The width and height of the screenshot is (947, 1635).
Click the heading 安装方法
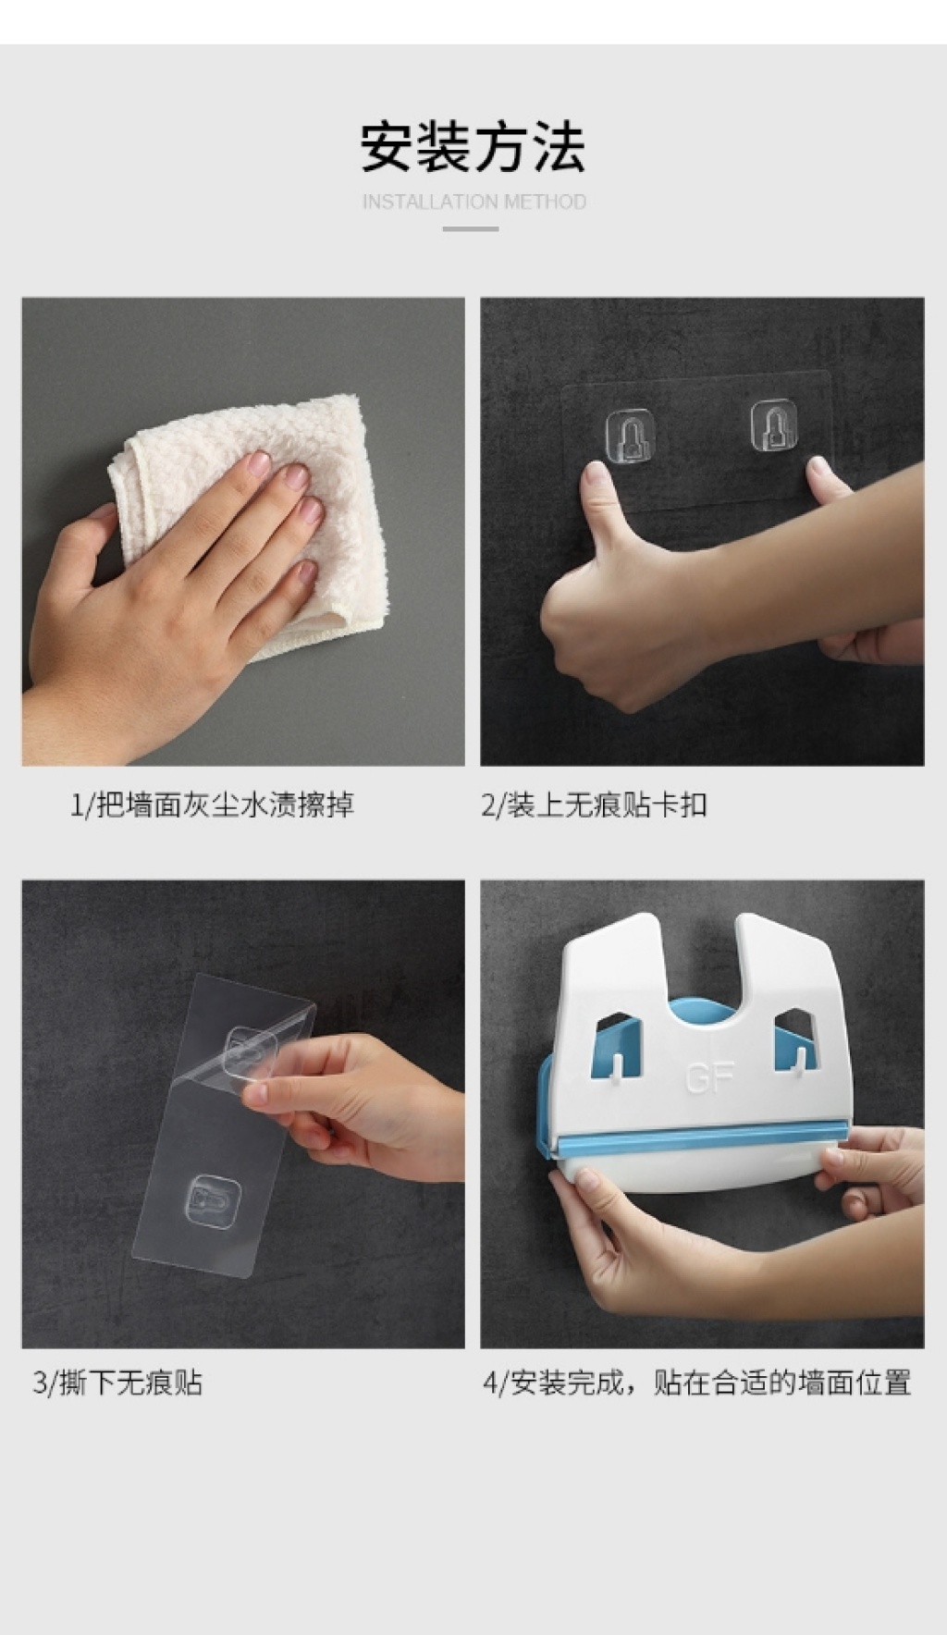pyautogui.click(x=473, y=147)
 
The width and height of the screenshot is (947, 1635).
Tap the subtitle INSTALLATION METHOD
pyautogui.click(x=474, y=202)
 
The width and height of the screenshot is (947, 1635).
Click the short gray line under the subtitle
pyautogui.click(x=471, y=228)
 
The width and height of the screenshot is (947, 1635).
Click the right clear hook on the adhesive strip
pyautogui.click(x=773, y=425)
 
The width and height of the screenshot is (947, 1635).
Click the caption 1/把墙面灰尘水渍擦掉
pyautogui.click(x=212, y=805)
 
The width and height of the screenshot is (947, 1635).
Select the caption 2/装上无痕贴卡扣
pyautogui.click(x=594, y=805)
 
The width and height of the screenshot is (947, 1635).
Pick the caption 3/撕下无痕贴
pyautogui.click(x=117, y=1383)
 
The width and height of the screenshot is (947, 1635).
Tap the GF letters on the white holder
pyautogui.click(x=710, y=1077)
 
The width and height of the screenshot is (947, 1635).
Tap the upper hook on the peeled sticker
pyautogui.click(x=251, y=1052)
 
